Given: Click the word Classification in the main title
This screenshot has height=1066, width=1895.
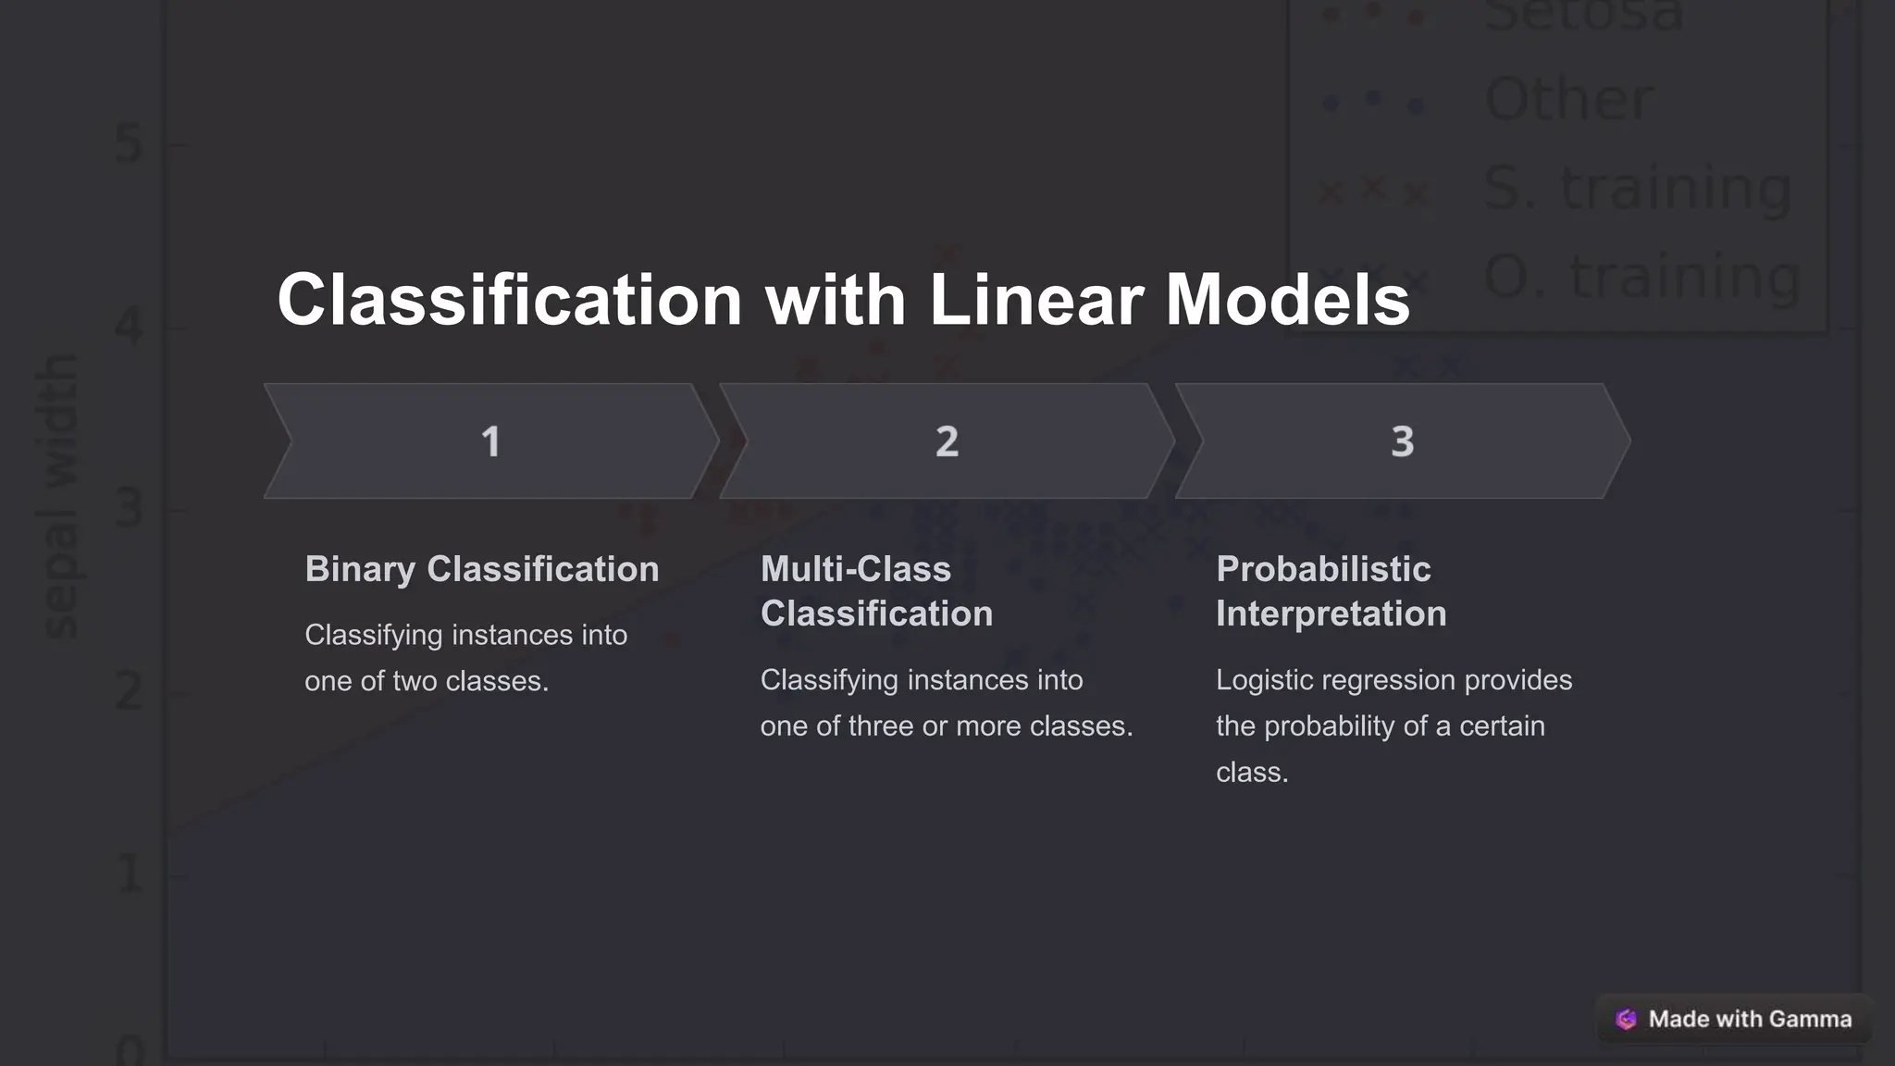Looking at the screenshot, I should [x=510, y=300].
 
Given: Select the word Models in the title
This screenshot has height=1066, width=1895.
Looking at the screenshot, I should [x=1287, y=300].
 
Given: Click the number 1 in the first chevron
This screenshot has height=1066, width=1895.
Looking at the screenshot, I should [x=490, y=441].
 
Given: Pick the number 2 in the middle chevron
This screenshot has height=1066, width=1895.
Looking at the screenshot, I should [x=947, y=441].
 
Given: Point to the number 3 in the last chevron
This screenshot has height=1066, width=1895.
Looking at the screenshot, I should [x=1403, y=441].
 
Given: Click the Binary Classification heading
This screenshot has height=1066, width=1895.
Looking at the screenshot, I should [x=482, y=569].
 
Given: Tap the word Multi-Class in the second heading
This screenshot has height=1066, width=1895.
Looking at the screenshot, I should [x=856, y=569].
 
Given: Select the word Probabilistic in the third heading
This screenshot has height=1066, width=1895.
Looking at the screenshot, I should [x=1323, y=569].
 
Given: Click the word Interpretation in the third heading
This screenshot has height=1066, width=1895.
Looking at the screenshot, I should [x=1331, y=614].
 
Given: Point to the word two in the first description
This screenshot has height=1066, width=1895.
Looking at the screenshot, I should [x=415, y=681].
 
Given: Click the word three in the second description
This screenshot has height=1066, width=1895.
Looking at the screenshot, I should [x=880, y=726].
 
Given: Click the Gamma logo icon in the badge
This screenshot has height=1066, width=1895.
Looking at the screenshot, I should [x=1626, y=1019].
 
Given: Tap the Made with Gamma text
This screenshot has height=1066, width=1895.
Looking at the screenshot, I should [x=1750, y=1019].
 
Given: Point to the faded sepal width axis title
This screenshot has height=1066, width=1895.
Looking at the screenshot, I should [x=61, y=497].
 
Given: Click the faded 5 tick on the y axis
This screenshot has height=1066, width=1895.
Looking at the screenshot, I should [x=130, y=144].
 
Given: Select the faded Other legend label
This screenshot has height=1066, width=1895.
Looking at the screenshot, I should [x=1568, y=99].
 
